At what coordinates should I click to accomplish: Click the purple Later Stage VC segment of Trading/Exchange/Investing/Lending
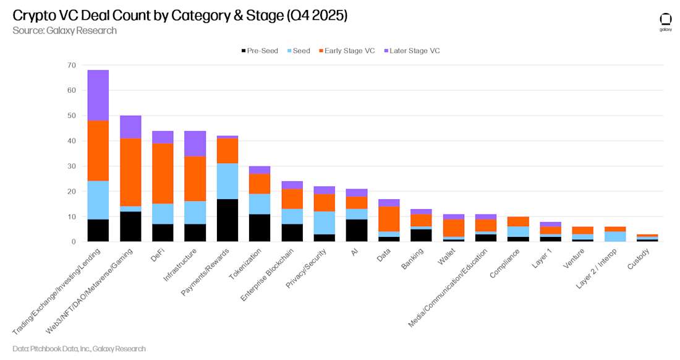[98, 95]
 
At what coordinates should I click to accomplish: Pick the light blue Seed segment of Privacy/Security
[324, 223]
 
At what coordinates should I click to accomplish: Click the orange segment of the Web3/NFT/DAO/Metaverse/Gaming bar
[130, 172]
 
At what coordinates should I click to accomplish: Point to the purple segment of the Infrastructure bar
[195, 144]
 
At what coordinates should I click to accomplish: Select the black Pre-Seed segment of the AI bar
[356, 230]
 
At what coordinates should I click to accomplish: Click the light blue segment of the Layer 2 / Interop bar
[614, 236]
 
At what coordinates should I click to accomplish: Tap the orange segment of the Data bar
[389, 219]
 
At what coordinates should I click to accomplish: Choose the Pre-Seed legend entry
[260, 51]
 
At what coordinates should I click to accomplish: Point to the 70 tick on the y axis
[72, 65]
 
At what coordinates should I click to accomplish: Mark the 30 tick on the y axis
[72, 166]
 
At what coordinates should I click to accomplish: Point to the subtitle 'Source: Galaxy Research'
[64, 30]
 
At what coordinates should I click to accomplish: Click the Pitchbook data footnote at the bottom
[79, 349]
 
